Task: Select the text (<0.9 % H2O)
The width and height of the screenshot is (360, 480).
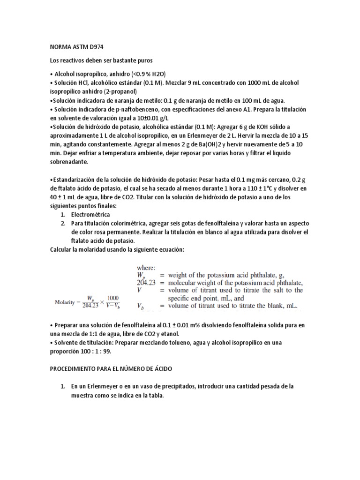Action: click(x=142, y=74)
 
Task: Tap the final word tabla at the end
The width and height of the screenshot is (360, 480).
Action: click(x=153, y=395)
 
